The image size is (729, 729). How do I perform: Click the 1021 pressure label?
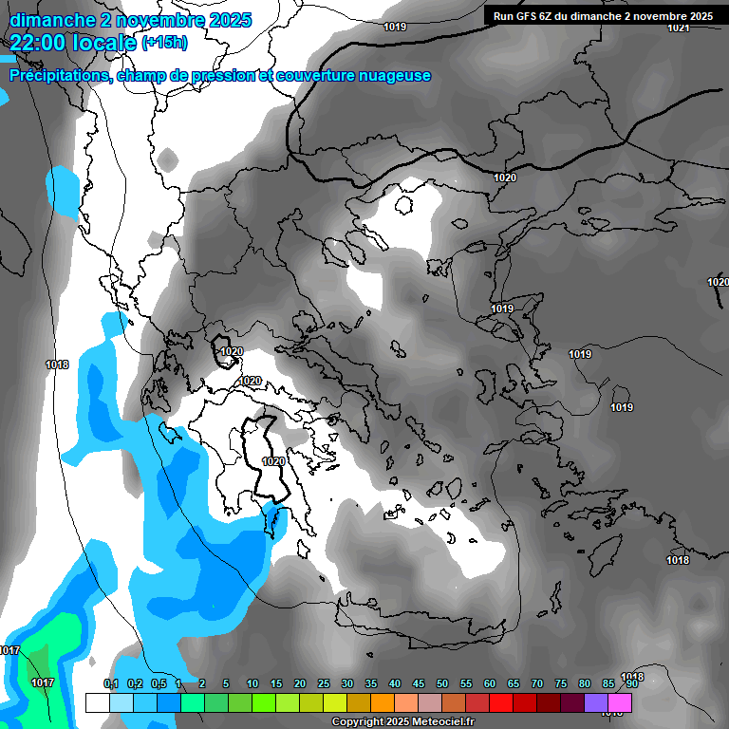coord(678,28)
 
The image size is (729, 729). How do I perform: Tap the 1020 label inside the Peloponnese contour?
coord(273,461)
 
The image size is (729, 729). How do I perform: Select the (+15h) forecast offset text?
coord(164,42)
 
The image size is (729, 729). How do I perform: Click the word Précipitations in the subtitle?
coord(58,76)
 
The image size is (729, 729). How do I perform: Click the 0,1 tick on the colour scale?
coord(110,683)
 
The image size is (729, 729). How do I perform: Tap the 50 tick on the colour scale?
coord(442,683)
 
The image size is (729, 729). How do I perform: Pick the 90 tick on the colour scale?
coord(631,683)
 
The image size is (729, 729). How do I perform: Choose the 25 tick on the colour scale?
coord(324,683)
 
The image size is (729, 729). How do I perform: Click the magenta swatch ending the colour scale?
coord(620,702)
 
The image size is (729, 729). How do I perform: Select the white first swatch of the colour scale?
coord(98,702)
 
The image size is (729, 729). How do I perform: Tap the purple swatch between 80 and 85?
coord(596,702)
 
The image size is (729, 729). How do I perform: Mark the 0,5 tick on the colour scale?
coord(158,683)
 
